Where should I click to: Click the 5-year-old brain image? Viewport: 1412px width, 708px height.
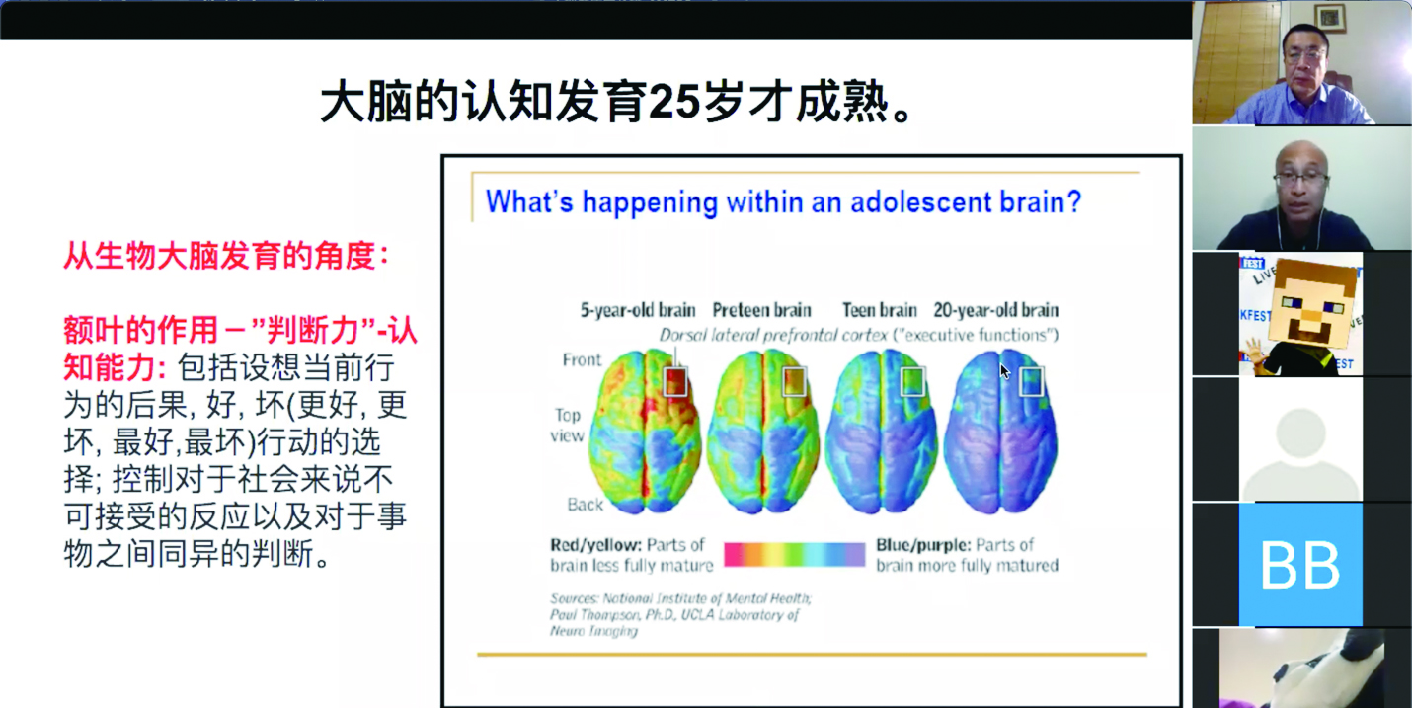(644, 432)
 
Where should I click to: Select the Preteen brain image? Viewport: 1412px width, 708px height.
(763, 432)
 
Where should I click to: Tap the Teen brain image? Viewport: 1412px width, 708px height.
(881, 432)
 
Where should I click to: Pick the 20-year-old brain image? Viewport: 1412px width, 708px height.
(1000, 432)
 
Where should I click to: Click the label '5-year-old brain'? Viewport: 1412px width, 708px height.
(638, 310)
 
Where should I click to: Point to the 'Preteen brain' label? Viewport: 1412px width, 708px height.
(761, 310)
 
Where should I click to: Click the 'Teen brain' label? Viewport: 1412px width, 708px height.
(880, 310)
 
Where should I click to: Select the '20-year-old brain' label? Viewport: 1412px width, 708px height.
(996, 310)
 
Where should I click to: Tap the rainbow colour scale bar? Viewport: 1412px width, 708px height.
(794, 554)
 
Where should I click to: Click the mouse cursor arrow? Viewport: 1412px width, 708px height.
(1005, 371)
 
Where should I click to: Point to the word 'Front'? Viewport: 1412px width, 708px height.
(582, 360)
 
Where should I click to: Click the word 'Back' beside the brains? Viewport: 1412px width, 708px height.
(585, 505)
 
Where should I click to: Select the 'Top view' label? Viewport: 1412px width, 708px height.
(568, 426)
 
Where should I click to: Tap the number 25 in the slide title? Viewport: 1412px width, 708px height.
(673, 102)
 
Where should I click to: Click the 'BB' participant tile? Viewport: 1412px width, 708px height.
(1300, 564)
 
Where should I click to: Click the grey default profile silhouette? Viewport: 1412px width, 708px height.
(1300, 454)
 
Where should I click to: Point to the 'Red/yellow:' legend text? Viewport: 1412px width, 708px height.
(595, 545)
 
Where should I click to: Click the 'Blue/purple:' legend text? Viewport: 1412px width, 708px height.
(922, 545)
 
